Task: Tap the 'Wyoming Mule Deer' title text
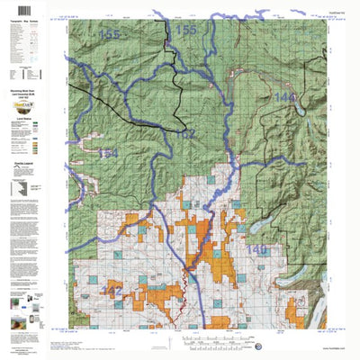(33, 94)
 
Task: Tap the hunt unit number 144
(285, 97)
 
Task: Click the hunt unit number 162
(184, 135)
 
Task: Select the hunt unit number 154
(107, 154)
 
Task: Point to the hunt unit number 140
(256, 248)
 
